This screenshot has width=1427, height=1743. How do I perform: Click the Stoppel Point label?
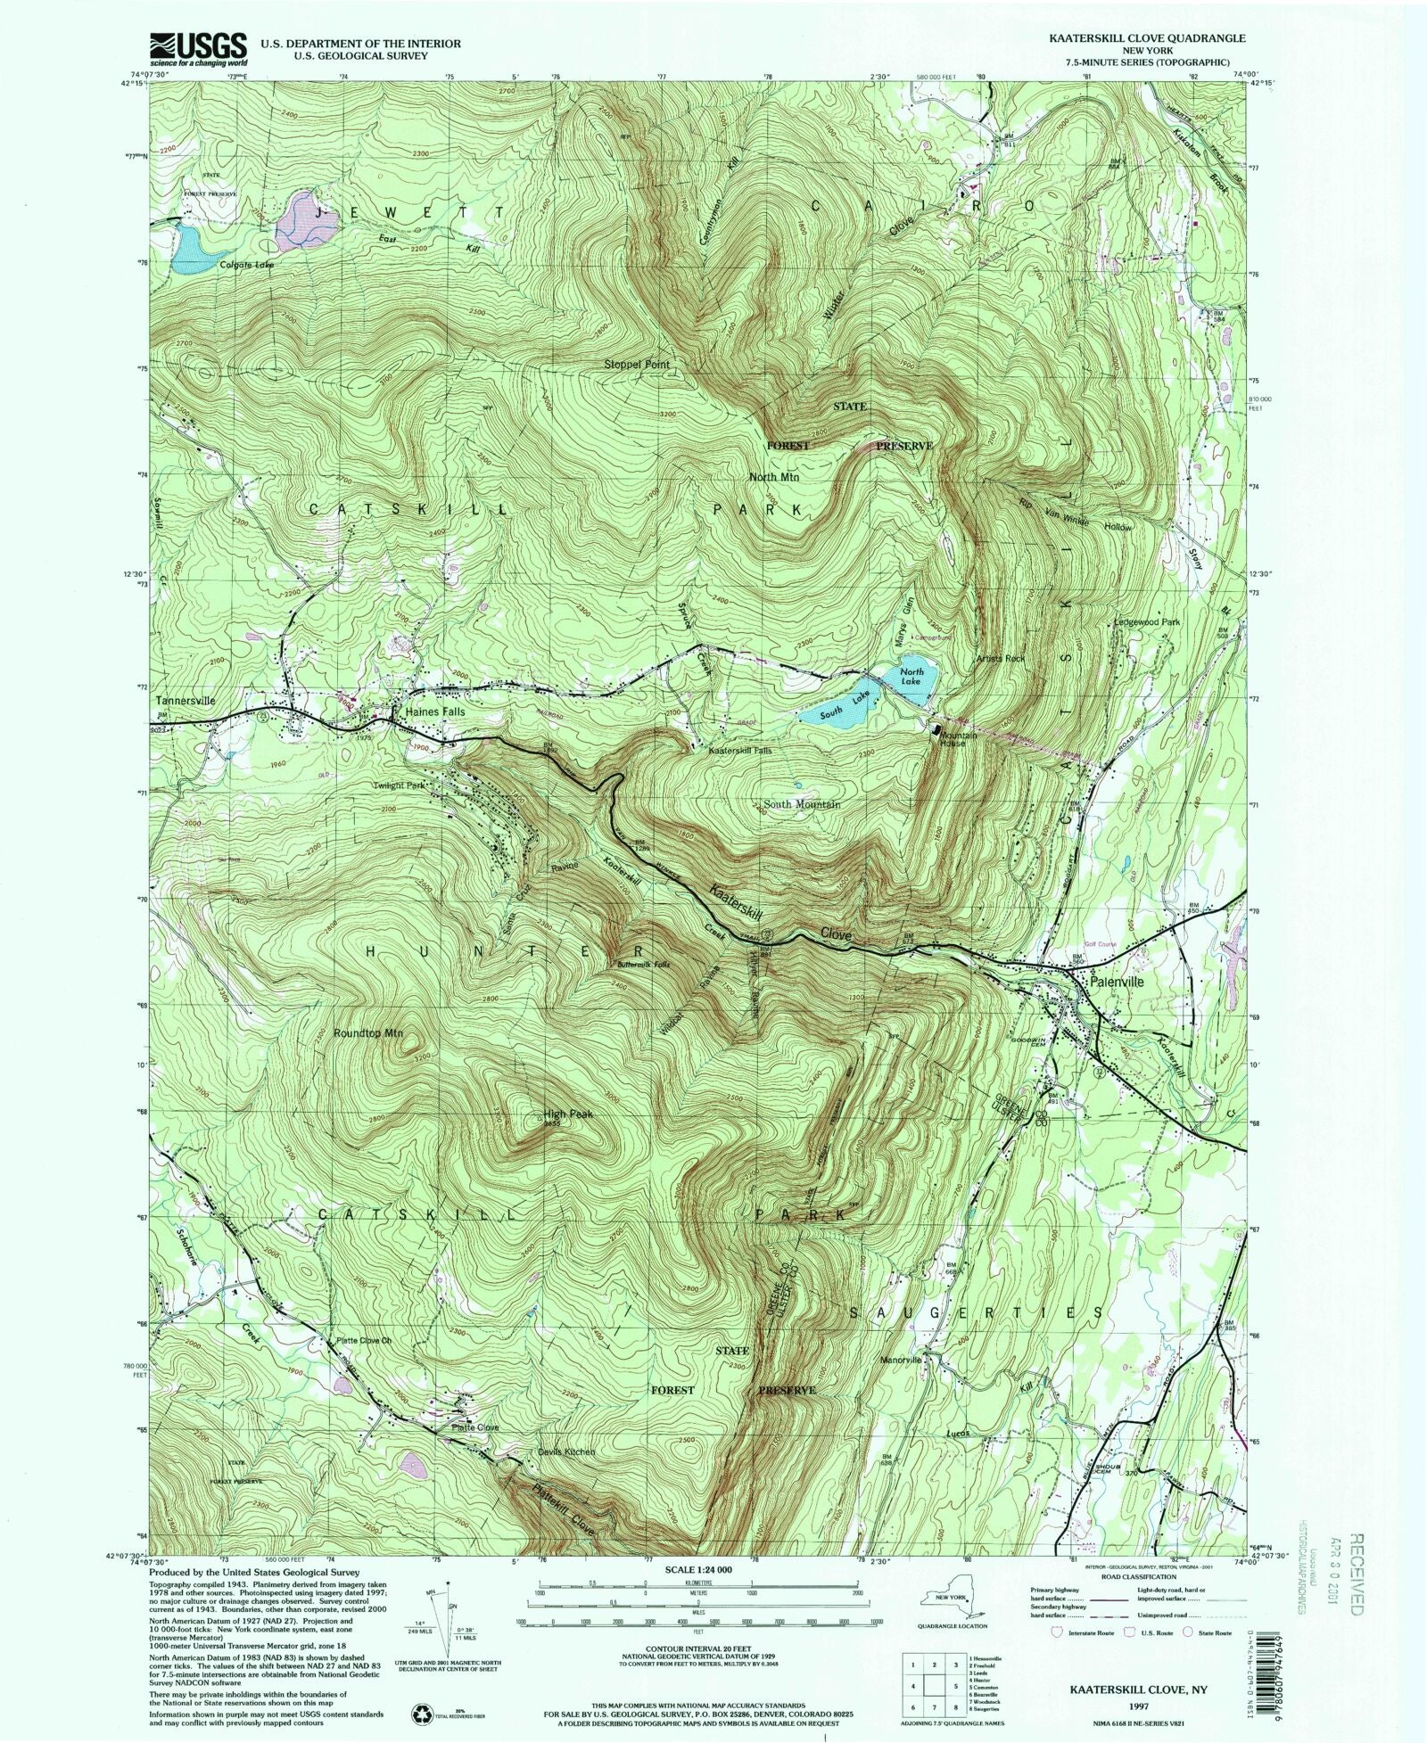point(636,365)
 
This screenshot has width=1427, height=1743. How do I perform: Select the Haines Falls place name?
point(435,712)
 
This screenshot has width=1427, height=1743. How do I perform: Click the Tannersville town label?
point(185,701)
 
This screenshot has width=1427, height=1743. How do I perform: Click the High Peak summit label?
point(568,1114)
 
